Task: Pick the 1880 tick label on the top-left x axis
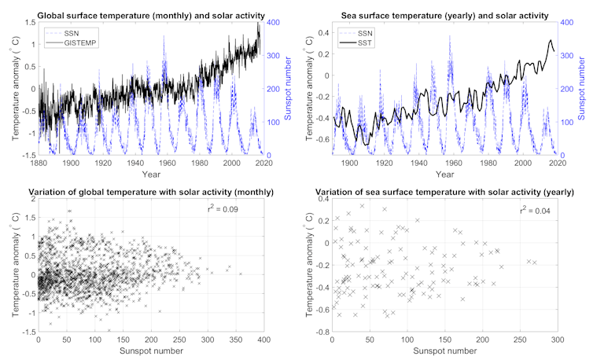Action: [x=39, y=163]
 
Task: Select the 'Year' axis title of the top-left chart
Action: [x=150, y=174]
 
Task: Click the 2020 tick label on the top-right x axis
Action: [x=557, y=163]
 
